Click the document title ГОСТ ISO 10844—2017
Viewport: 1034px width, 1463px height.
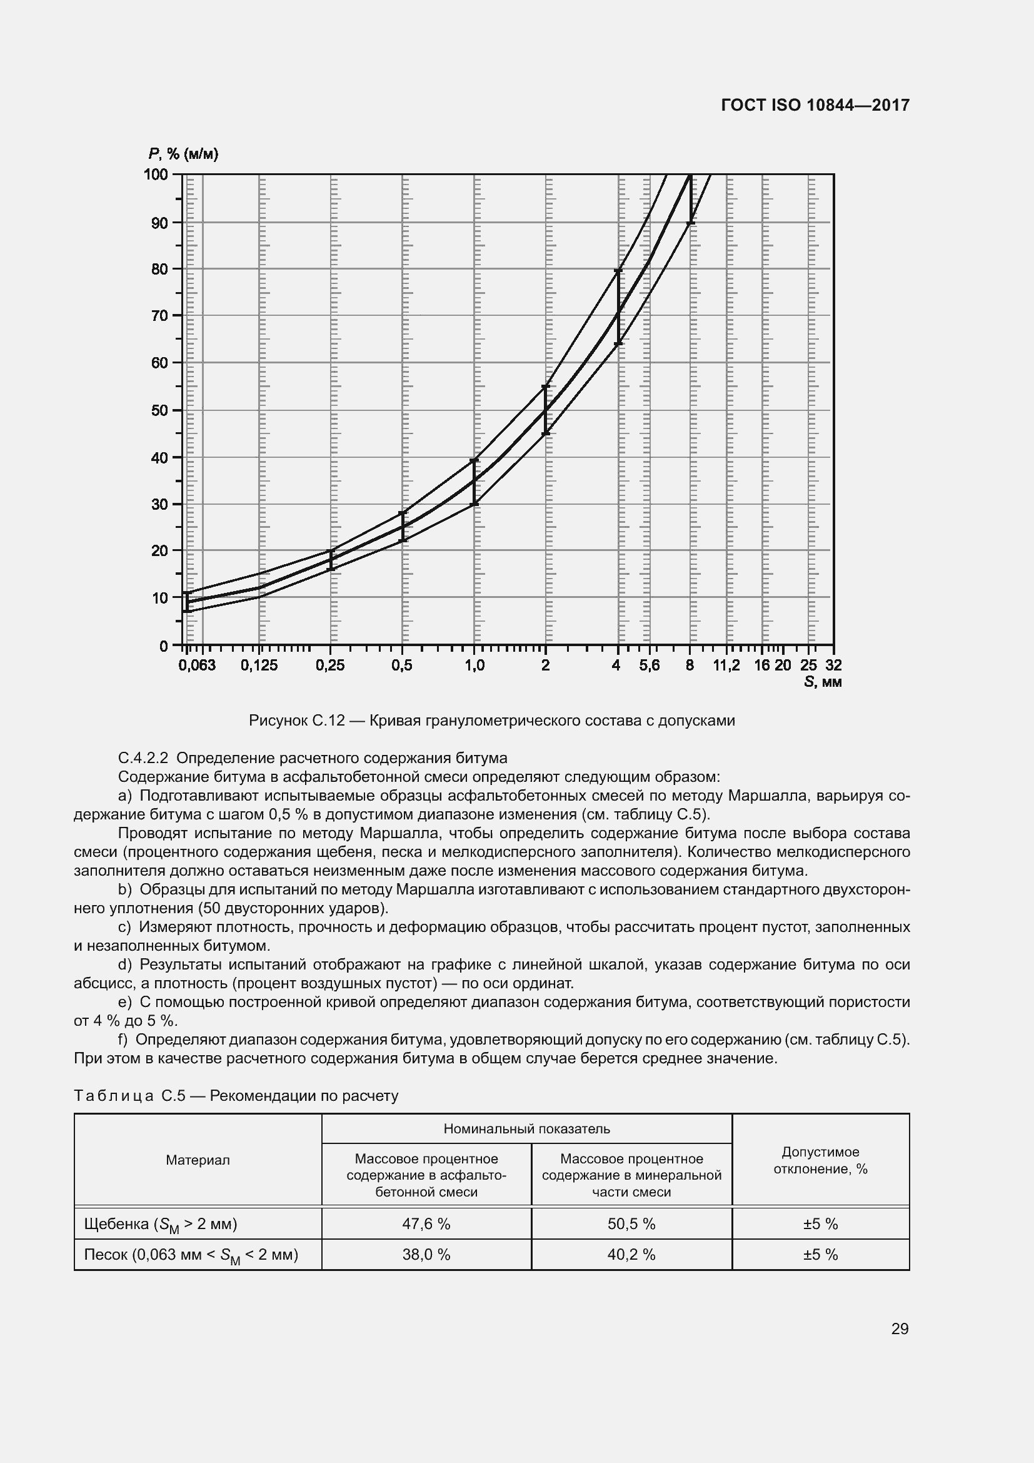tap(815, 105)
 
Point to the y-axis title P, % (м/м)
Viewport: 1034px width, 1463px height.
tap(183, 154)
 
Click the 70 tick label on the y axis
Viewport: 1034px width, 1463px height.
tap(160, 315)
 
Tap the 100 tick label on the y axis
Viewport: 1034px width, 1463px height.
tap(156, 174)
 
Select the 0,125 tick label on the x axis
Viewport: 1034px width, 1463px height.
tap(259, 666)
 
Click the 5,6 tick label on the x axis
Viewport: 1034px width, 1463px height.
tap(650, 666)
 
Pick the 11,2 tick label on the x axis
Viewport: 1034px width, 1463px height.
tap(726, 666)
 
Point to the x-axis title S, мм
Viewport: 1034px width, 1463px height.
tap(823, 682)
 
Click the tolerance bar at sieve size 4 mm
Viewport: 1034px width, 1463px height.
tap(618, 307)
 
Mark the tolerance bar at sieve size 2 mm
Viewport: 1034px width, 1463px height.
tap(546, 410)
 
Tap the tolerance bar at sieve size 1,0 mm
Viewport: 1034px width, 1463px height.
tap(474, 482)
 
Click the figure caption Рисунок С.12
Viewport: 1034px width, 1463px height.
tap(491, 721)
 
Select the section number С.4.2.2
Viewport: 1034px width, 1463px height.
tap(143, 758)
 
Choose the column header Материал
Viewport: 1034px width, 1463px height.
tap(198, 1160)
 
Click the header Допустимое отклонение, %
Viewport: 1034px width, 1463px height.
tap(820, 1160)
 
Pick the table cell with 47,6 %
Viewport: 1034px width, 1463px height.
tap(426, 1223)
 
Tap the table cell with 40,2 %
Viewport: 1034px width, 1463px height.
tap(631, 1254)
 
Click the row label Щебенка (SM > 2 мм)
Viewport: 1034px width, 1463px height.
tap(161, 1224)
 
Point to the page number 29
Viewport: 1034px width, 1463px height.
tap(899, 1329)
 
